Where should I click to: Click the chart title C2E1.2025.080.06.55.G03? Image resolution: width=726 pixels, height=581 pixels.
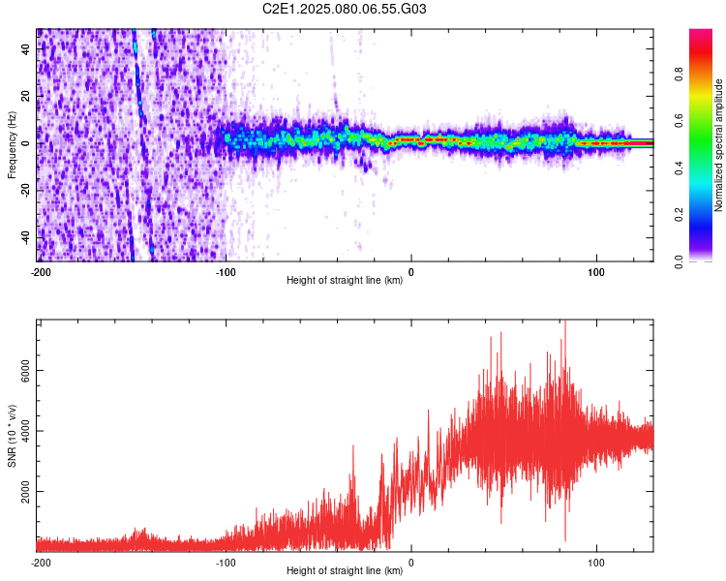[344, 9]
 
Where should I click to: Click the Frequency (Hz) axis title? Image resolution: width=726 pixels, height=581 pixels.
[12, 145]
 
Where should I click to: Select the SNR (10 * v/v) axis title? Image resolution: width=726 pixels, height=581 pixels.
[12, 436]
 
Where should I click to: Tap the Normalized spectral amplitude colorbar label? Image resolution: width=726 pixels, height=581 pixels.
[718, 145]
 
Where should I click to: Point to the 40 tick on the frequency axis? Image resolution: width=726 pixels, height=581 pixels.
[26, 48]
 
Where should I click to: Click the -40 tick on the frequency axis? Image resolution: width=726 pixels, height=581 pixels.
[26, 239]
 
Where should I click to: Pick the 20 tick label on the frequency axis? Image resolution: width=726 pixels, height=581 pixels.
[26, 96]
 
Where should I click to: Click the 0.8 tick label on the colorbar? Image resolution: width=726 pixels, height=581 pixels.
[679, 75]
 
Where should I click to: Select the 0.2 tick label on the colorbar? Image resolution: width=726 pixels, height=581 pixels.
[679, 215]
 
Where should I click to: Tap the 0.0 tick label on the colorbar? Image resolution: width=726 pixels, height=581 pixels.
[679, 261]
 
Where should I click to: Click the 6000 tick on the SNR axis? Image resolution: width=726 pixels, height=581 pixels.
[26, 371]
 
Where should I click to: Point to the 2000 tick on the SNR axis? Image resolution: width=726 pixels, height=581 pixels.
[26, 491]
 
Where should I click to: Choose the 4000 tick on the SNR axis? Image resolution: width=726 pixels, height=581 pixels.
[26, 431]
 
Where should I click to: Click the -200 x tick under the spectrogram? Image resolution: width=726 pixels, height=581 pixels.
[41, 272]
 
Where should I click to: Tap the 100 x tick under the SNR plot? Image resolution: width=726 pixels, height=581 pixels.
[596, 563]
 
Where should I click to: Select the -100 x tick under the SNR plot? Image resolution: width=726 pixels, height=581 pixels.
[226, 563]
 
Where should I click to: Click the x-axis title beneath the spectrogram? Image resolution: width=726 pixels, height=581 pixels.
[345, 280]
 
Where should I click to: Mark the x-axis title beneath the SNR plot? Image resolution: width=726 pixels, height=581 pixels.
[345, 570]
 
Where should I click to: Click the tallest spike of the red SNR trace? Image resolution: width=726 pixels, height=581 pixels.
[565, 321]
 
